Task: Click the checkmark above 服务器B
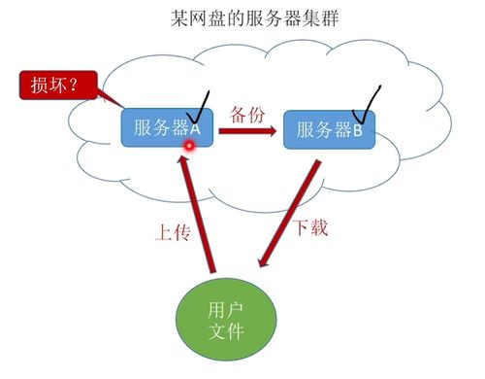tap(370, 101)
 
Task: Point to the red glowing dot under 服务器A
tap(191, 147)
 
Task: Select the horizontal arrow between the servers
tap(247, 129)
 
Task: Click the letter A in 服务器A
tap(194, 129)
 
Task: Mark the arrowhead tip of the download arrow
tap(259, 265)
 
